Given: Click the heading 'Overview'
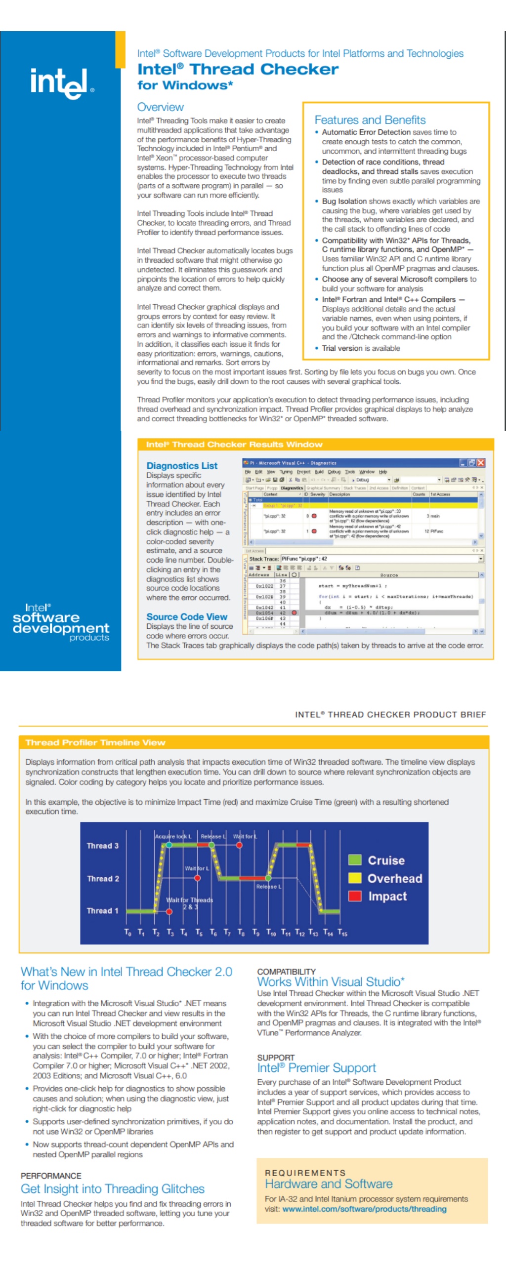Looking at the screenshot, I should [160, 107].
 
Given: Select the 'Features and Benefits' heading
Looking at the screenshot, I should [370, 120].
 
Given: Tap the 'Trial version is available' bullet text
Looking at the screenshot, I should [361, 348].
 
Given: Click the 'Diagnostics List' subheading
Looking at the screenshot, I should [181, 465].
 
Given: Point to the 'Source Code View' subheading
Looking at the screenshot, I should [186, 616].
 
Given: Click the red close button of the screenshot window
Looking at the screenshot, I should [480, 462].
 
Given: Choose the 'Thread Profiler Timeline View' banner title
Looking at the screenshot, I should [95, 742].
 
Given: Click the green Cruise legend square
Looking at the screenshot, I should [354, 859].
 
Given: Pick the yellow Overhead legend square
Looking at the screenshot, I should [354, 878].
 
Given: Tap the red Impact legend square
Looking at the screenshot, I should [354, 896].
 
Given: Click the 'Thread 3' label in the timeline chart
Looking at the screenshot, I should [102, 846].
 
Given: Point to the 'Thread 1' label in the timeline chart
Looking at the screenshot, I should [102, 910].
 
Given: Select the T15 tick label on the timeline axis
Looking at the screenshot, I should [342, 933].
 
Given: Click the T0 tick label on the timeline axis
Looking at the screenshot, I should [127, 933].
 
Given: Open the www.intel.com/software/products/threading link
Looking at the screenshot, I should [364, 1209].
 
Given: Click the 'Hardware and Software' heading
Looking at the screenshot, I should [328, 1183].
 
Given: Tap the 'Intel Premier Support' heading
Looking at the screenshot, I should [316, 1067].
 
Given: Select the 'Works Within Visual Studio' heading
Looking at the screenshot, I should [330, 981].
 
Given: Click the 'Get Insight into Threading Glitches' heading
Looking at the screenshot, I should [112, 1188].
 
